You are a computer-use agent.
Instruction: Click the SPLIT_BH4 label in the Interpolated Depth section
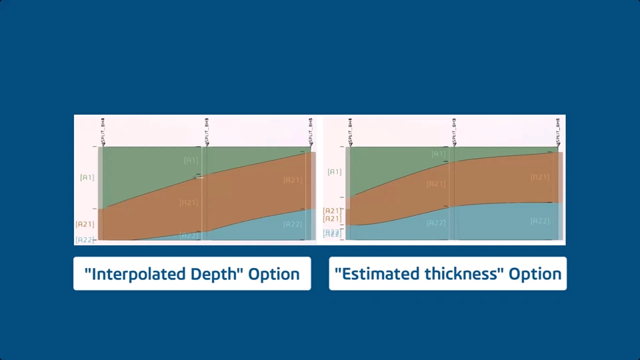pos(103,129)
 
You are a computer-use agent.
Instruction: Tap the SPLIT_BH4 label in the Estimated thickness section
pos(351,129)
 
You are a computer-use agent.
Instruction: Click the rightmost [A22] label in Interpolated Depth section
pos(292,224)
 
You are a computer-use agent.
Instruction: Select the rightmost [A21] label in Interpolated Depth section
pos(292,180)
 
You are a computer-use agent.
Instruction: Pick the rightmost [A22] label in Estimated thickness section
pos(540,221)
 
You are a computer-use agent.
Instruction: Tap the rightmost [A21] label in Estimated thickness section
pos(540,177)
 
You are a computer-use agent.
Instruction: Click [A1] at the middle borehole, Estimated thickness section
pos(438,154)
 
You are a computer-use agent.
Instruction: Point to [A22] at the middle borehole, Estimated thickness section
pos(436,223)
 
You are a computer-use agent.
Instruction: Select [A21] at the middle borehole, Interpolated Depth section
pos(189,203)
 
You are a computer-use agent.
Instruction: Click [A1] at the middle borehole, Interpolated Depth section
pos(191,160)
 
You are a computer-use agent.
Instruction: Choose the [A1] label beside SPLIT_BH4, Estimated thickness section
pos(335,172)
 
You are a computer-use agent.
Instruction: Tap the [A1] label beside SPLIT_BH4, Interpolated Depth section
pos(87,177)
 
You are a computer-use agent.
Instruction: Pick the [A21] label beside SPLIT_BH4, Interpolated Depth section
pos(85,225)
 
